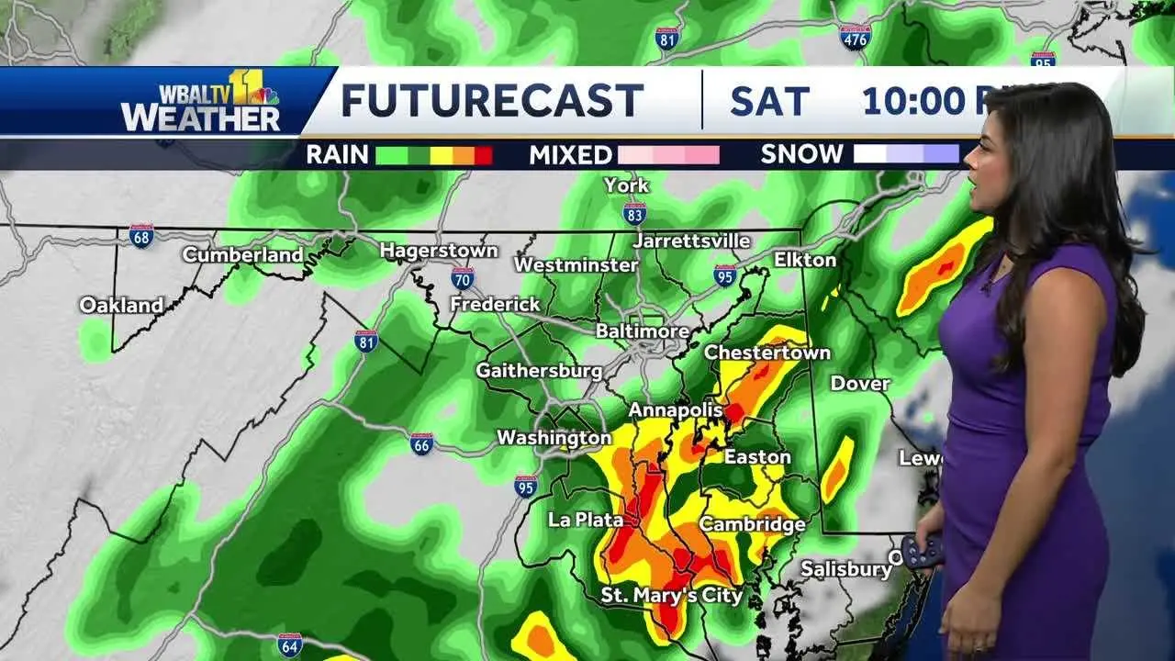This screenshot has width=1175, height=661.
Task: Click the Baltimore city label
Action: pyautogui.click(x=643, y=330)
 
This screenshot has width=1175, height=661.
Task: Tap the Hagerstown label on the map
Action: pyautogui.click(x=439, y=251)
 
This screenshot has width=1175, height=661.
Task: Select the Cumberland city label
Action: pyautogui.click(x=242, y=255)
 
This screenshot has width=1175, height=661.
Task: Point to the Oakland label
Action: pyautogui.click(x=121, y=305)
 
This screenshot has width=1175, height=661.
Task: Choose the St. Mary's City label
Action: pyautogui.click(x=671, y=596)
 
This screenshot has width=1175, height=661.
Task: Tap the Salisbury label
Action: pyautogui.click(x=845, y=569)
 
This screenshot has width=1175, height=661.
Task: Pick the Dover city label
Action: pyautogui.click(x=860, y=384)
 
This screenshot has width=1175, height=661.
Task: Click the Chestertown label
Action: pyautogui.click(x=767, y=353)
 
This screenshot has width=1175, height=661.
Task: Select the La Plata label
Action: pyautogui.click(x=586, y=521)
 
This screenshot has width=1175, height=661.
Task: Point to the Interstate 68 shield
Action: pyautogui.click(x=140, y=236)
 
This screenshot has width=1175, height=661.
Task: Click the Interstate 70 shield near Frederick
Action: pyautogui.click(x=463, y=278)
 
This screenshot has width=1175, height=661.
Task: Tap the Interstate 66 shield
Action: pyautogui.click(x=421, y=444)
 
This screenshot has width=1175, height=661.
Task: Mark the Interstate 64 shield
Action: pyautogui.click(x=289, y=644)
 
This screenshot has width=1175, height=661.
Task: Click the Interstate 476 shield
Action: pyautogui.click(x=854, y=38)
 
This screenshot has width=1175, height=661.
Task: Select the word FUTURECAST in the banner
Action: pyautogui.click(x=492, y=101)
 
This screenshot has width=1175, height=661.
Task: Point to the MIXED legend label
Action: pyautogui.click(x=570, y=155)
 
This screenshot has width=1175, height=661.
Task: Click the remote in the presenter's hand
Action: pyautogui.click(x=923, y=551)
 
